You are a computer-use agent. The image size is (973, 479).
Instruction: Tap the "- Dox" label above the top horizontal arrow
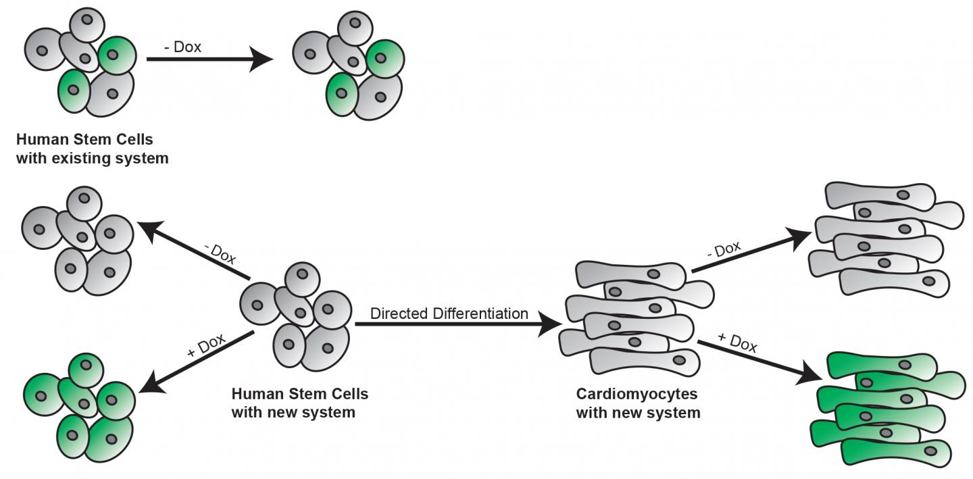182,48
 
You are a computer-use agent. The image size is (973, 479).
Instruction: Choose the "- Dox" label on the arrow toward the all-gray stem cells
220,254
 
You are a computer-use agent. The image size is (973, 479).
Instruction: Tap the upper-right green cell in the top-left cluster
118,55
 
